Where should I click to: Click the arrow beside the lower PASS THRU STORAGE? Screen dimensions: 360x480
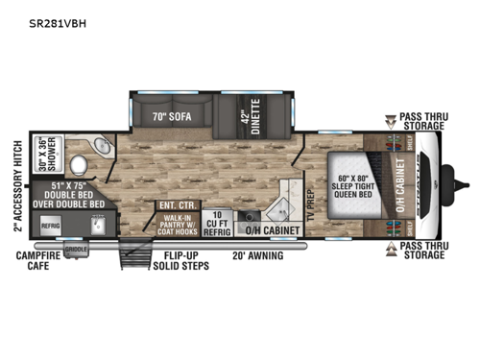392,251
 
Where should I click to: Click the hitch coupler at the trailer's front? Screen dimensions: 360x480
465,182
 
